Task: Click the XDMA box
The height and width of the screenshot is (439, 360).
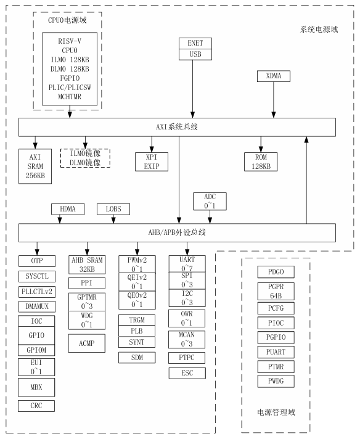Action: click(x=273, y=76)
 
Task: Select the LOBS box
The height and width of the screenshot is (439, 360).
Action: click(x=113, y=210)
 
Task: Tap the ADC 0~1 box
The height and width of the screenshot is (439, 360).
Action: click(x=211, y=200)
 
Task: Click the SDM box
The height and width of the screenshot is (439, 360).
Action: click(x=136, y=358)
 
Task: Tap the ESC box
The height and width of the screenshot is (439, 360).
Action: click(x=186, y=374)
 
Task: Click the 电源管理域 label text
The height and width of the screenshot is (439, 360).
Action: click(x=276, y=411)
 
